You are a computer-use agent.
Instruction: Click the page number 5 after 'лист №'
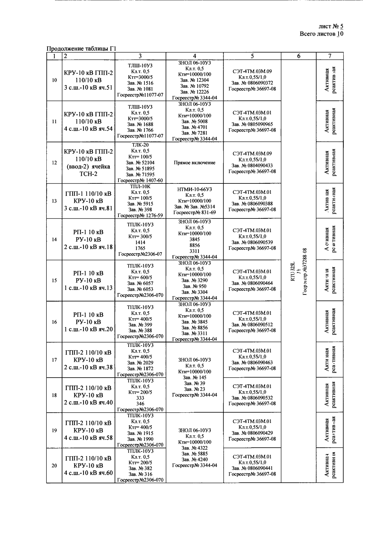coord(341,26)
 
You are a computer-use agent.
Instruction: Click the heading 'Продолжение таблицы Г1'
coord(81,49)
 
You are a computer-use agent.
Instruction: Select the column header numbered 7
coord(329,56)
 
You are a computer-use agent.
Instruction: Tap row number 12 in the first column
coord(54,163)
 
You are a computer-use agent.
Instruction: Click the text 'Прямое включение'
coord(195,163)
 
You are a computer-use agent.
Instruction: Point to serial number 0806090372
coord(252,83)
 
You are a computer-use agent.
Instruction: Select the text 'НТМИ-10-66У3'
coord(195,189)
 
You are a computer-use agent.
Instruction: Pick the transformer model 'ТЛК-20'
coord(140,145)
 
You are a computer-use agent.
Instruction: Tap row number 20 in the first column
coord(54,466)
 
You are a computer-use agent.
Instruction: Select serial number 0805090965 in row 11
coord(252,124)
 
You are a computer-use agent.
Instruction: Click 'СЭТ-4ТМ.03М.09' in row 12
coord(252,153)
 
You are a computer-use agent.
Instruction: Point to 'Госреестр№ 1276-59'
coord(140,215)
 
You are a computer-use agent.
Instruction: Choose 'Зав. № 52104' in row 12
coord(140,162)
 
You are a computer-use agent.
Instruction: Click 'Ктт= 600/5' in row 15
coord(140,278)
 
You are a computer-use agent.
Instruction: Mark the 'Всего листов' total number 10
coord(340,34)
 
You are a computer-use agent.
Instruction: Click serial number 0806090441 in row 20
coord(252,468)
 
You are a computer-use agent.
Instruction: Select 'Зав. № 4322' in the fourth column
coord(195,448)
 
